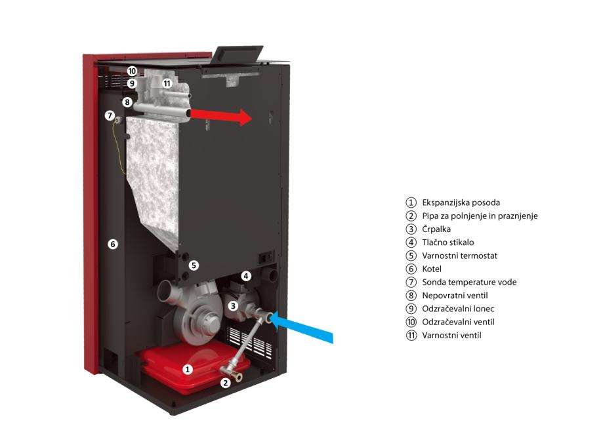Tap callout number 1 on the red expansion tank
tap(188, 370)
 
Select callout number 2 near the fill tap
tap(226, 383)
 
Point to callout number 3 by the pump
tap(232, 305)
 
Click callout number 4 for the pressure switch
tap(245, 276)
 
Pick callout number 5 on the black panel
tap(194, 265)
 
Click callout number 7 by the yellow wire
tap(110, 115)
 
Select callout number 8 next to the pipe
tap(127, 102)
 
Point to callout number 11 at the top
tap(167, 83)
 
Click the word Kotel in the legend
tap(432, 269)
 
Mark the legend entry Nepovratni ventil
tap(455, 296)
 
